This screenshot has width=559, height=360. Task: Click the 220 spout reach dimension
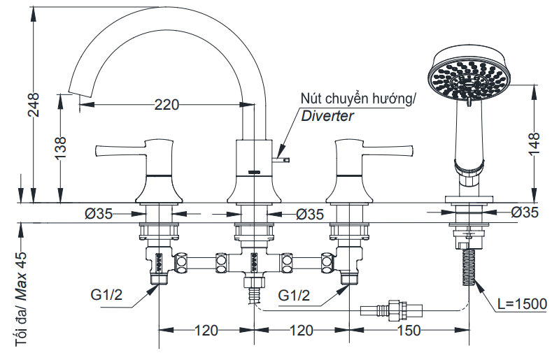167,105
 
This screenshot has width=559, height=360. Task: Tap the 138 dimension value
61,148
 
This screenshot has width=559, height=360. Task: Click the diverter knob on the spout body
283,159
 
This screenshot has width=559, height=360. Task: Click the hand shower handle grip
467,133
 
